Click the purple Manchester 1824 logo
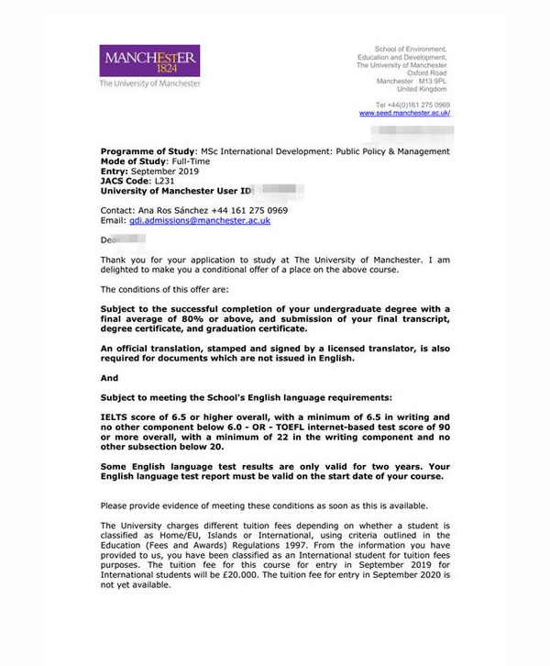click(x=150, y=61)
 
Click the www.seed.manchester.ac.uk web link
click(x=404, y=113)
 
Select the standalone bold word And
click(x=109, y=377)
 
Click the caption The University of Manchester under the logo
click(x=149, y=83)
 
